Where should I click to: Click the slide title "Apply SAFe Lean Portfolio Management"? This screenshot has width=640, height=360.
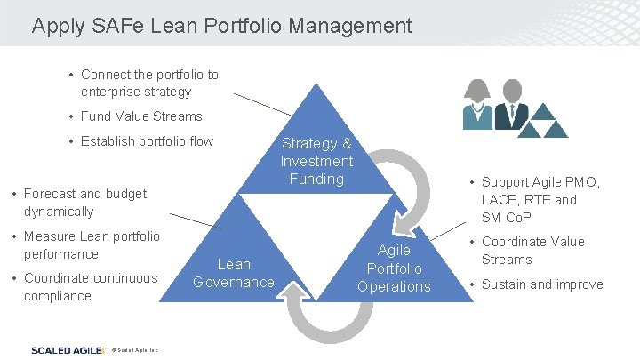(x=222, y=26)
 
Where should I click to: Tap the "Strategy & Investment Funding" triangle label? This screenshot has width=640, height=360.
(x=316, y=161)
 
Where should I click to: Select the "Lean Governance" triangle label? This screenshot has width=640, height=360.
(x=234, y=273)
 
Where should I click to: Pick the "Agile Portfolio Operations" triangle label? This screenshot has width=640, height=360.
(x=394, y=268)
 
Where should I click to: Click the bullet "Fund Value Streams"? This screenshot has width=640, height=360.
(x=141, y=116)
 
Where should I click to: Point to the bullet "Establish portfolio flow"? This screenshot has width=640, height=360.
(x=147, y=140)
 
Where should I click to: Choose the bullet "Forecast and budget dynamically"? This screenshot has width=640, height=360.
(x=84, y=203)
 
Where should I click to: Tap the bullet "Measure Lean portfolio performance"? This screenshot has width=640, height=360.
(x=92, y=245)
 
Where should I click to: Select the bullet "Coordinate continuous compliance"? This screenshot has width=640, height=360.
(x=90, y=287)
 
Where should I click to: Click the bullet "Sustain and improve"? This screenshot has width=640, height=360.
(x=542, y=284)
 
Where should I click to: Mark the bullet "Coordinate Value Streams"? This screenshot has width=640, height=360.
(x=532, y=251)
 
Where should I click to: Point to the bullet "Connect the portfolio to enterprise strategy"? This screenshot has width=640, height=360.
(x=148, y=84)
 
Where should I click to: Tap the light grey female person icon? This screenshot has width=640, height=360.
(x=477, y=104)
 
